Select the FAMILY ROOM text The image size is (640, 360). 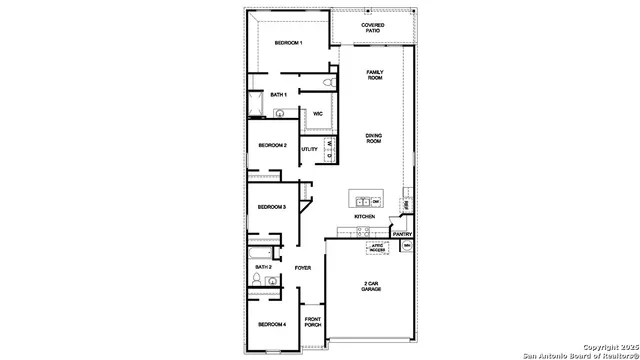(375, 75)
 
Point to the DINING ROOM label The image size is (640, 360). (374, 138)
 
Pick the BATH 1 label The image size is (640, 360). (279, 95)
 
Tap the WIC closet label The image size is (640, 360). (317, 114)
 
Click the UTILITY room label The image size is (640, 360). (310, 149)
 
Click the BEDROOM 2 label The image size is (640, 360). (273, 146)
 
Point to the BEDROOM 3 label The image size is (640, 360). (272, 207)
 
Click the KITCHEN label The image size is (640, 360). (364, 217)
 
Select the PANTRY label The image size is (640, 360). (402, 235)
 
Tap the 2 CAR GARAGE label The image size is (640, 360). (370, 287)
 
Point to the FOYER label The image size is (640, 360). (303, 268)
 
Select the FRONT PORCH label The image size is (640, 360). (312, 323)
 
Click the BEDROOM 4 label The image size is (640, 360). (272, 325)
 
